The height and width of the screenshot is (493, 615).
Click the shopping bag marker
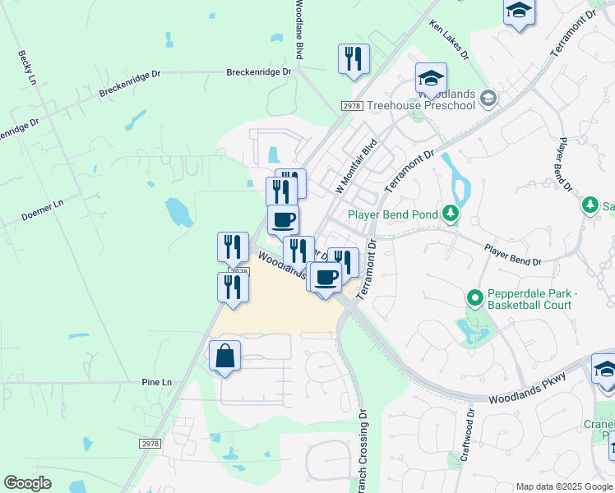tap(224, 357)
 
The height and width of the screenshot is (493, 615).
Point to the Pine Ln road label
tap(156, 383)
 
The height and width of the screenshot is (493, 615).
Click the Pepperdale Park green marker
tap(474, 297)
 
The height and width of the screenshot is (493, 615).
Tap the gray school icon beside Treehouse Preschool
tap(488, 99)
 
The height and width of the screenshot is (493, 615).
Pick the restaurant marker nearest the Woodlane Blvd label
tap(354, 59)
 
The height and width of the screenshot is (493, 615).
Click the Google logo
tap(27, 483)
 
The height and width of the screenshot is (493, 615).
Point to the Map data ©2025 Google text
tap(564, 486)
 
